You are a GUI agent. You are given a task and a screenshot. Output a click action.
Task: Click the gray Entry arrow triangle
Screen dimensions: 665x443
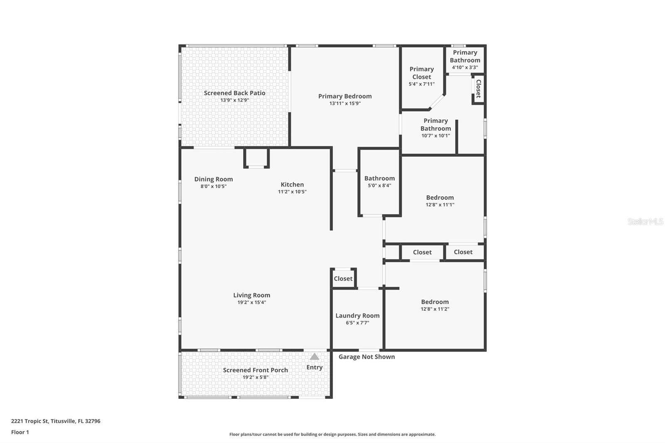click(x=314, y=356)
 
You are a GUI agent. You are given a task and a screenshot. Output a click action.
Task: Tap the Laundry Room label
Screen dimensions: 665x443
click(x=357, y=315)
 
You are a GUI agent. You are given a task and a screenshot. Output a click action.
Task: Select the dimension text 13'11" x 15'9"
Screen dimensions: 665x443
click(x=345, y=103)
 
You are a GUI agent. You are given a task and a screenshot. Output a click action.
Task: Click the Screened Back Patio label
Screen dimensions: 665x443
click(x=234, y=93)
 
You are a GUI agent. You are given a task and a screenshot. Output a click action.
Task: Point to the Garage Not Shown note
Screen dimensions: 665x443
click(x=367, y=357)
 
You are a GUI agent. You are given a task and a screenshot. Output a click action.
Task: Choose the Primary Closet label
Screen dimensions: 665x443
click(x=421, y=73)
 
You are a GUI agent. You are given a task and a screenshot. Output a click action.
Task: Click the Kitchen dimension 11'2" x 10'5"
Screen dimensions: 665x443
click(x=292, y=192)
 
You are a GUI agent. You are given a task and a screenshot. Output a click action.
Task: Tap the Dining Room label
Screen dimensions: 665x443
click(x=214, y=179)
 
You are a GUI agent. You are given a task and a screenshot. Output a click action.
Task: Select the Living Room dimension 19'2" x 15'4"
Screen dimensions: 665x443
click(x=251, y=302)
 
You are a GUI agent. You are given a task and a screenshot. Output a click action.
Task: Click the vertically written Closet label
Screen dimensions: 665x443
click(x=478, y=89)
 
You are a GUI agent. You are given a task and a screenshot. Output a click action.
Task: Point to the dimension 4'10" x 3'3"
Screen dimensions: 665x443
click(x=465, y=67)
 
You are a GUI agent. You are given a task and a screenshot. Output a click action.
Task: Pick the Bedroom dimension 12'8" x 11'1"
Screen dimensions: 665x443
click(x=440, y=204)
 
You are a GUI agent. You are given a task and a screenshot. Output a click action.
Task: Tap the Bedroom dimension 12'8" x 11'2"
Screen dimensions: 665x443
click(x=435, y=309)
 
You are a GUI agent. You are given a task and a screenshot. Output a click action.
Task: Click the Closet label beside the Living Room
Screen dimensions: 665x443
click(x=343, y=278)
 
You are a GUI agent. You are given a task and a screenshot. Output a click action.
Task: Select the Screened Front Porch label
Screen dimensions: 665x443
click(x=255, y=370)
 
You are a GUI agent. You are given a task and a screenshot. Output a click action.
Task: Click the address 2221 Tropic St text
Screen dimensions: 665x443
click(x=30, y=421)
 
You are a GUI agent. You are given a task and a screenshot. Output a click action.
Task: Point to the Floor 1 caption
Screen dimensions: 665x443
click(x=20, y=432)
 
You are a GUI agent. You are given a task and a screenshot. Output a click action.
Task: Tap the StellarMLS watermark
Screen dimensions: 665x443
click(x=645, y=221)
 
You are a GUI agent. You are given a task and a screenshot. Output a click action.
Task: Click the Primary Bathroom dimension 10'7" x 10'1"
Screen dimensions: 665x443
click(x=436, y=136)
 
